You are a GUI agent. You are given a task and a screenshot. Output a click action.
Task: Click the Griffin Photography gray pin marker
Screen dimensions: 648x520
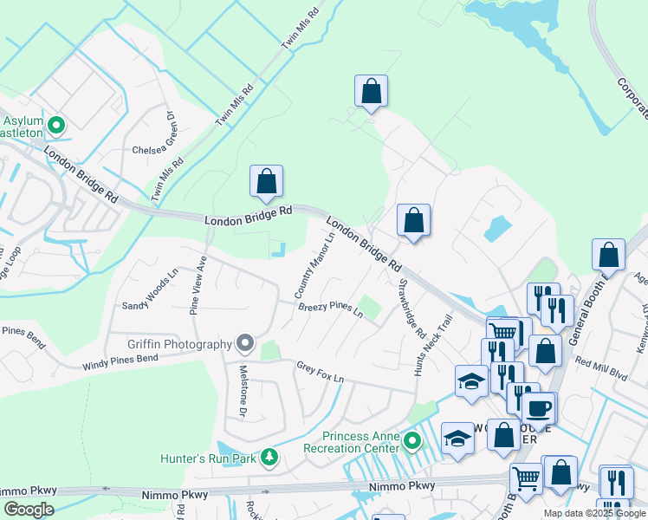pyautogui.click(x=245, y=344)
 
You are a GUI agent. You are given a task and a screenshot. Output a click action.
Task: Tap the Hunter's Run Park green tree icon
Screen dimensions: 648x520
pyautogui.click(x=269, y=457)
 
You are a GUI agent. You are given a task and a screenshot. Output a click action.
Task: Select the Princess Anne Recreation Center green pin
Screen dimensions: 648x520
pyautogui.click(x=412, y=443)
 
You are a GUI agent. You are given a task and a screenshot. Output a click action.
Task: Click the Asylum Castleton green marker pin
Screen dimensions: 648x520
pyautogui.click(x=56, y=127)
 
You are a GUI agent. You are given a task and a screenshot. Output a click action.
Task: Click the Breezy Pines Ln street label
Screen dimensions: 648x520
pyautogui.click(x=330, y=309)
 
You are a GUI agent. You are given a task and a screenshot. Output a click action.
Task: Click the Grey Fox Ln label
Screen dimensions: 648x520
pyautogui.click(x=320, y=372)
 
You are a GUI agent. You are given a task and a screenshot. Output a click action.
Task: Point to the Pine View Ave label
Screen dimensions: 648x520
pyautogui.click(x=198, y=284)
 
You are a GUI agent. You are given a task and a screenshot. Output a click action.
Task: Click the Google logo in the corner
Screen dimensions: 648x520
pyautogui.click(x=29, y=510)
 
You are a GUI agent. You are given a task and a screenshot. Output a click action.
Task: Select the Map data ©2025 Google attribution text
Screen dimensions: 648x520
pyautogui.click(x=594, y=513)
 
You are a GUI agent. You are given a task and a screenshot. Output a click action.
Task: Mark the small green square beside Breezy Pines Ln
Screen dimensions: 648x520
pyautogui.click(x=371, y=307)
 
